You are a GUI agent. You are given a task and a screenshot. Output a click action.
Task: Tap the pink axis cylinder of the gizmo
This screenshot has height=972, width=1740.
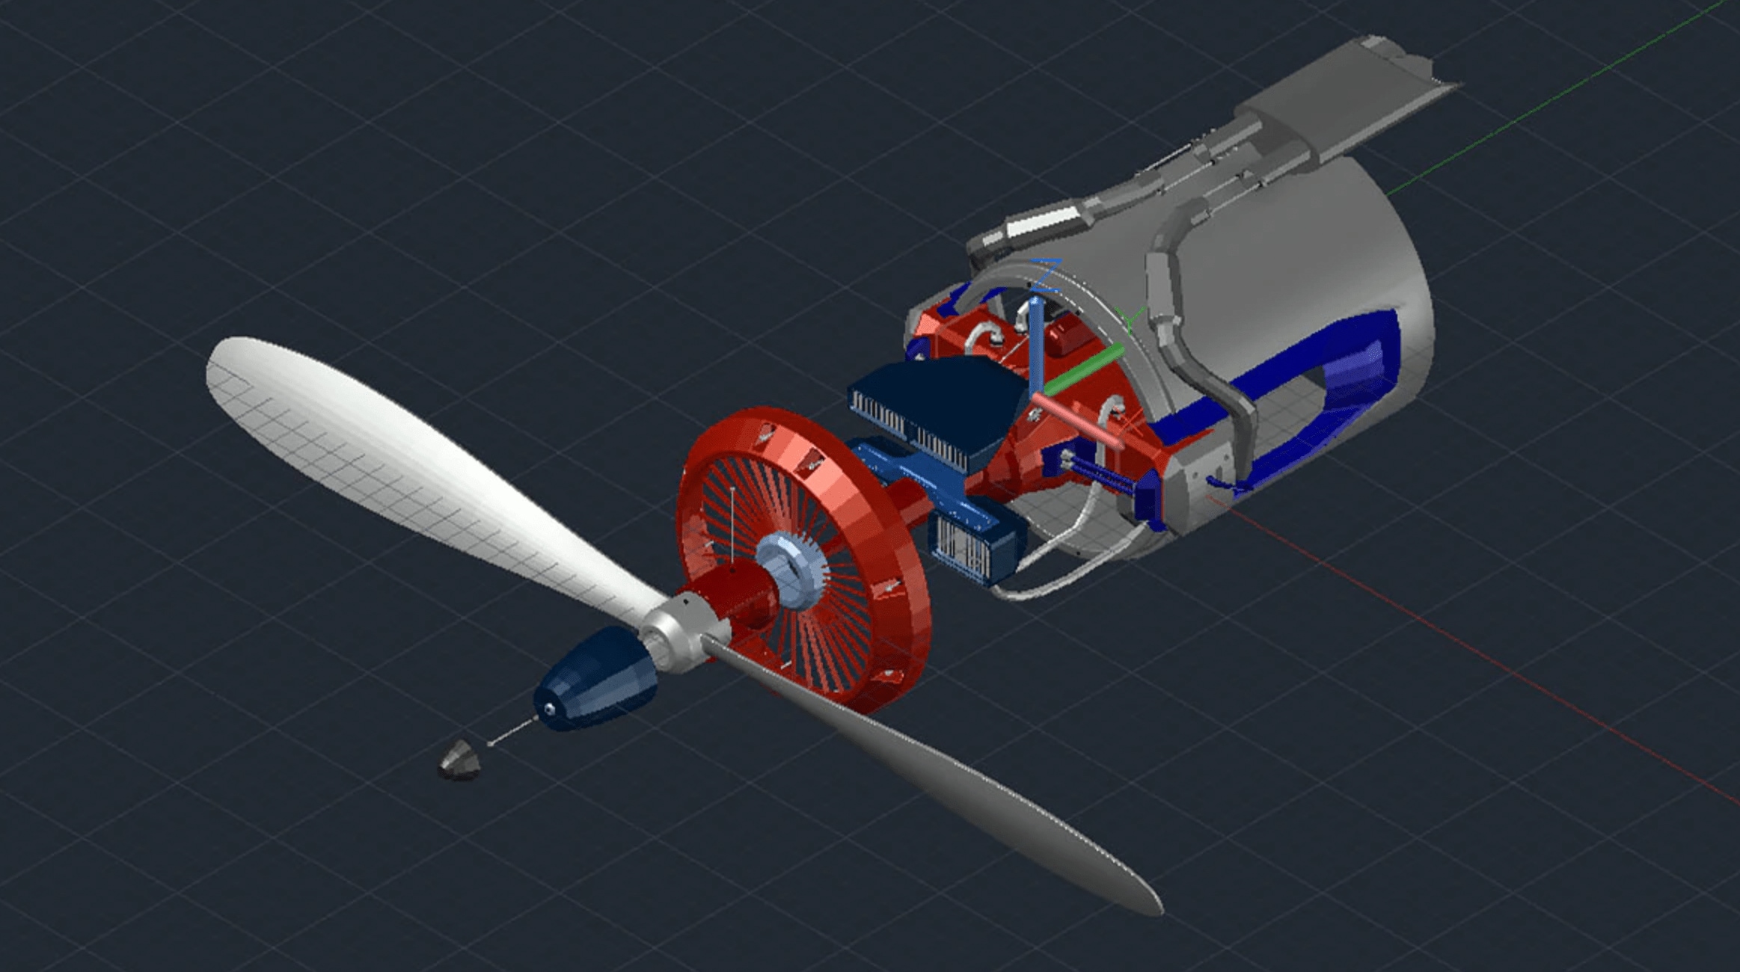[1077, 422]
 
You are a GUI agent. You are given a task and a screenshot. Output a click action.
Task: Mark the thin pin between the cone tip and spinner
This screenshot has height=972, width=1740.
[512, 731]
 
